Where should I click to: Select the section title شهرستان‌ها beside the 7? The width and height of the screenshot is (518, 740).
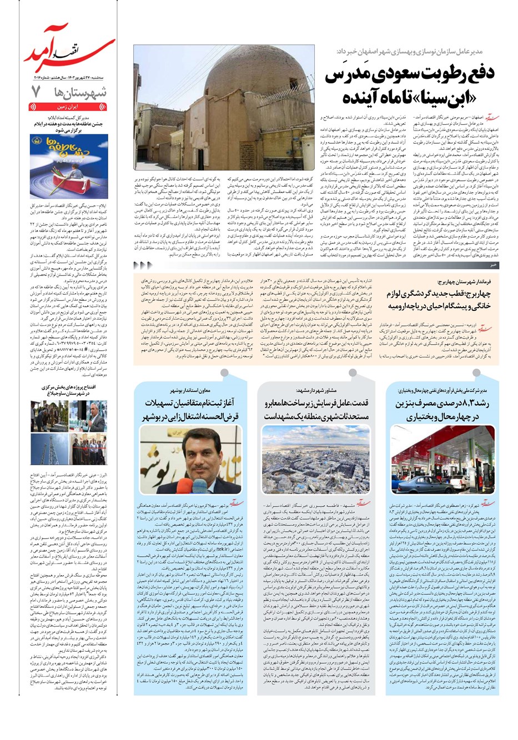[86, 93]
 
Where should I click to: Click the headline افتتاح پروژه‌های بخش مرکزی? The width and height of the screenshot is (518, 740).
[72, 389]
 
